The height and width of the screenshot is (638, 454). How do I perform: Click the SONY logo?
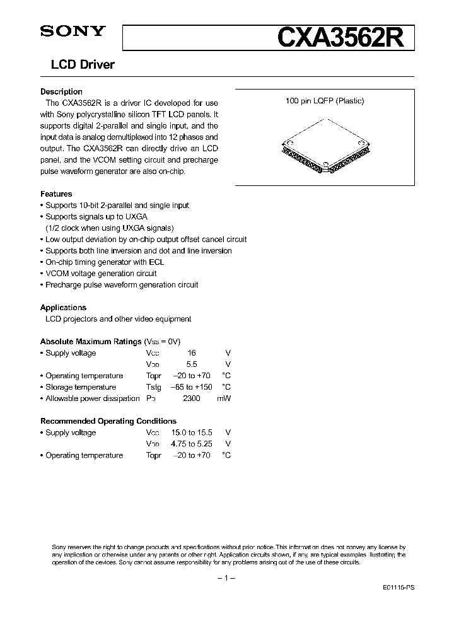point(66,32)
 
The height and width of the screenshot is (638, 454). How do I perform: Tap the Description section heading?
point(61,91)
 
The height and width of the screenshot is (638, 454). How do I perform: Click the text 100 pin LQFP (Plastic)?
point(325,101)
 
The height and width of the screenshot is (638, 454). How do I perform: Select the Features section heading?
point(56,194)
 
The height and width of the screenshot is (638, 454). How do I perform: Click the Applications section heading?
point(63,308)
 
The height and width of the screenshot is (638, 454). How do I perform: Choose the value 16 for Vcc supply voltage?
point(192,353)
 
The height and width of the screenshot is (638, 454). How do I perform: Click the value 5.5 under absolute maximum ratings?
point(192,364)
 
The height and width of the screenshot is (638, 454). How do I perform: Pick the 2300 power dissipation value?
point(192,398)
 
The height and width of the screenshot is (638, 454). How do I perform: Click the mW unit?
point(224,398)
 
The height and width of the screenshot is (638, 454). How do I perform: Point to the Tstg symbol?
point(153,387)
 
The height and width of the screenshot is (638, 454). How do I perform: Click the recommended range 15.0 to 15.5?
point(192,432)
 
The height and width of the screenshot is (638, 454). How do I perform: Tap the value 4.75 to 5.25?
point(192,444)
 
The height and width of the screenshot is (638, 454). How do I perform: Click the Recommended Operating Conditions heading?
point(108,421)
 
